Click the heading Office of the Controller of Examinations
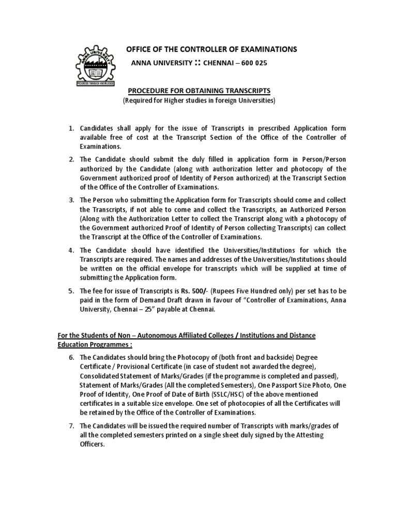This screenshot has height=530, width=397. click(x=212, y=49)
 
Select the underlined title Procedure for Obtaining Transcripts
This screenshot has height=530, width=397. click(x=199, y=91)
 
